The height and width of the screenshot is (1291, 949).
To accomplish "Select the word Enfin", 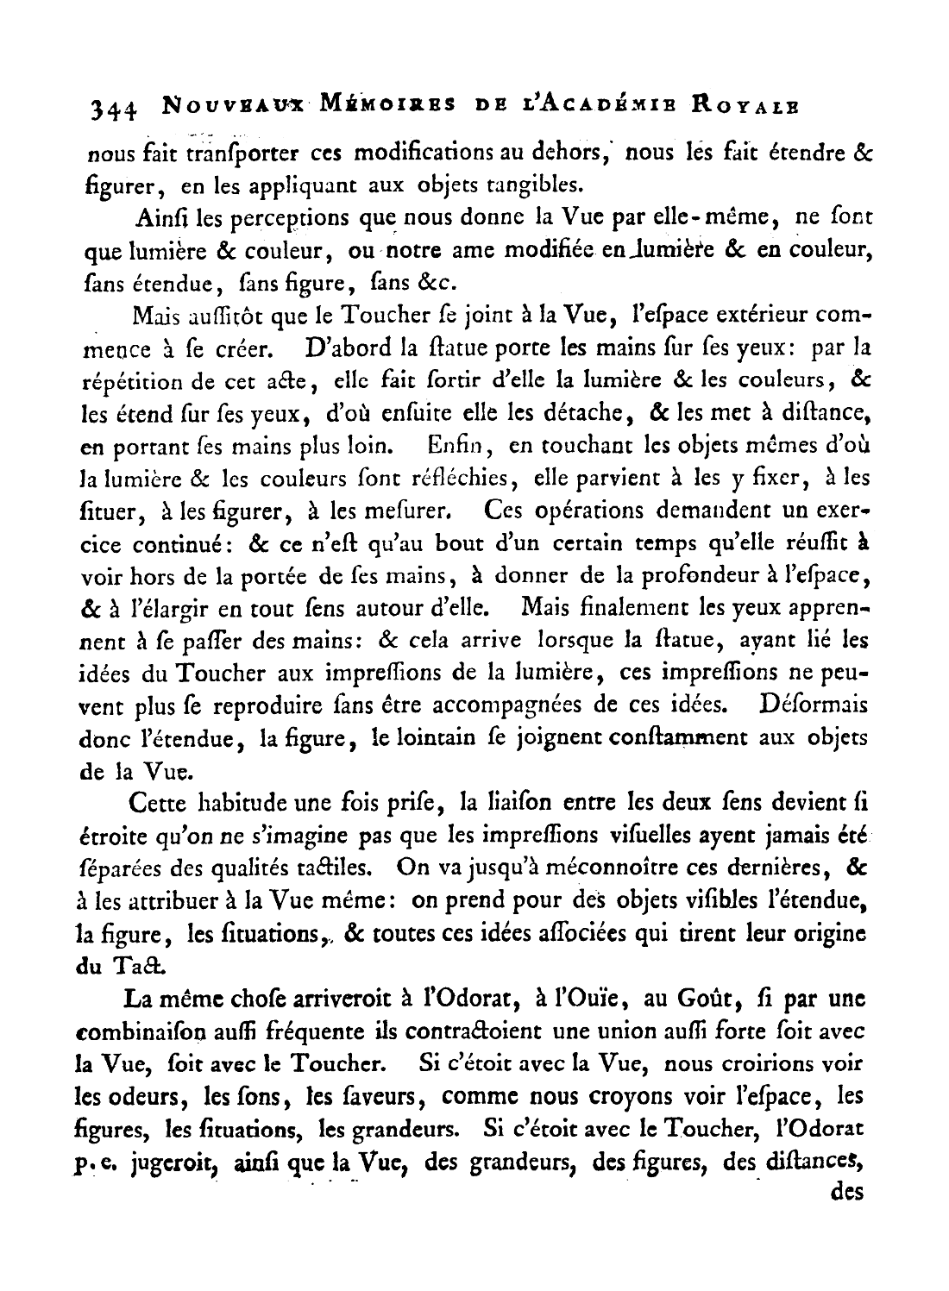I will click(x=459, y=447).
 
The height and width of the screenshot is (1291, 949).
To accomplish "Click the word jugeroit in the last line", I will click(x=170, y=1162).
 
